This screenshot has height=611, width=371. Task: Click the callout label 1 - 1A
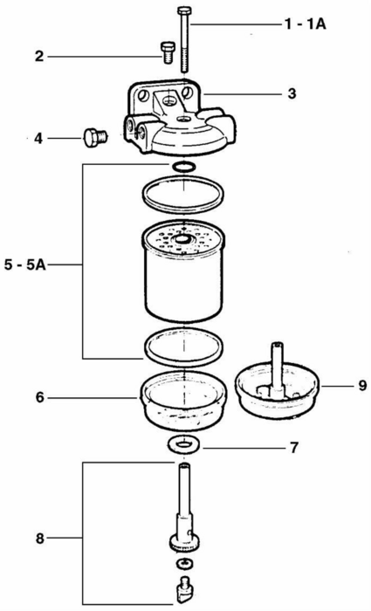coord(306,24)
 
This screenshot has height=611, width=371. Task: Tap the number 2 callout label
coord(39,57)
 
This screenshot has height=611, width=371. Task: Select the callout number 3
coord(292,93)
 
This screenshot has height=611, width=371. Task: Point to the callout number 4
coord(38,138)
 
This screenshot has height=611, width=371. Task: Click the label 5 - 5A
coord(25,265)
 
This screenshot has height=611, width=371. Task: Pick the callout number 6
coord(40,398)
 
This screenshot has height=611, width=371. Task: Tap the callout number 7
coord(294,448)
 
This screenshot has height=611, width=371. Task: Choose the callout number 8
coord(40,539)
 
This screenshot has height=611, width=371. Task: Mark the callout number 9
coord(362,386)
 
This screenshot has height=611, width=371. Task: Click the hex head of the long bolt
coord(183,10)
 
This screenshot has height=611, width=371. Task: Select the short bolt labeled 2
coord(167,52)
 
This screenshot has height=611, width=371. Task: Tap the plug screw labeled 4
coord(95,138)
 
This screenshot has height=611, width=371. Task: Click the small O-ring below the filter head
coord(183,167)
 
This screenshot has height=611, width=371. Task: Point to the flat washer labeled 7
coord(183,443)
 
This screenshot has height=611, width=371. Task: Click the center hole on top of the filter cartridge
coord(183,238)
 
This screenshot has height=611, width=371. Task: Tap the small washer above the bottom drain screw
coord(182,563)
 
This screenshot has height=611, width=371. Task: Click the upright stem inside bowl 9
coord(278,368)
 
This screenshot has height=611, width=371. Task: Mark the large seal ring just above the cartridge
coord(183,195)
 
